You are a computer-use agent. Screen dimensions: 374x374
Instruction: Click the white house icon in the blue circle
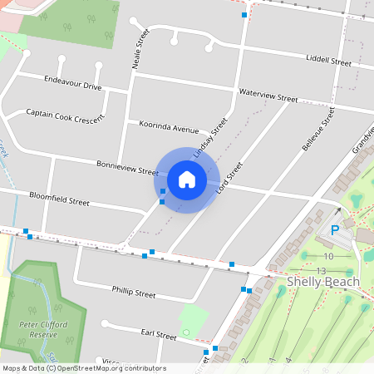pos(187,179)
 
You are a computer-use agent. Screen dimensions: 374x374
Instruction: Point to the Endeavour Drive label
pos(73,86)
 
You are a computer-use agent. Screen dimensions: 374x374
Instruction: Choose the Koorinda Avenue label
pos(170,130)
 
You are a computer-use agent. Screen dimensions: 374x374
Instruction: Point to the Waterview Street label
pos(268,98)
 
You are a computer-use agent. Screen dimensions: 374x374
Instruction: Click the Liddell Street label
pos(328,61)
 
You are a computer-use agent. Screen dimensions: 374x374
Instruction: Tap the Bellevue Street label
pos(317,129)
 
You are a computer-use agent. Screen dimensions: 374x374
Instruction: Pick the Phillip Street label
pos(134,293)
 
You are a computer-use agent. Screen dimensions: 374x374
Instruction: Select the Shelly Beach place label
pos(323,282)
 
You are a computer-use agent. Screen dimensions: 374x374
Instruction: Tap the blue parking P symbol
pos(335,230)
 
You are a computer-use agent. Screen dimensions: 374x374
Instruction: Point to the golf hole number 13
pos(321,271)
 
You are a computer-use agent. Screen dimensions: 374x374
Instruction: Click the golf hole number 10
pos(328,256)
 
